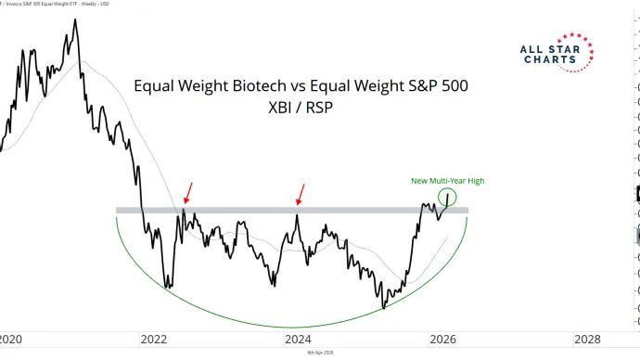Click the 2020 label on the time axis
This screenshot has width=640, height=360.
click(9, 339)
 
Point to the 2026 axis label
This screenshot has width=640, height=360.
click(442, 339)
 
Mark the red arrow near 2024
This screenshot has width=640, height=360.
click(300, 193)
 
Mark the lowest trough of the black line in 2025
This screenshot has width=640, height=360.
click(383, 308)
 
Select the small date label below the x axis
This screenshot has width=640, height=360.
click(320, 354)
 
